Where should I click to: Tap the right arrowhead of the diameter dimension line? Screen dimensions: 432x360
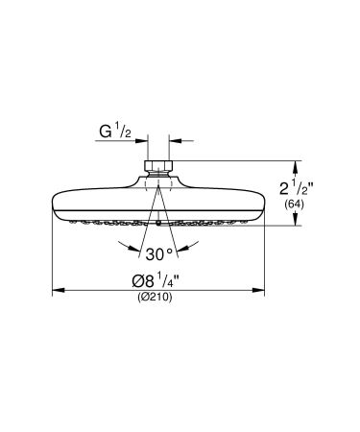click(x=261, y=288)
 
